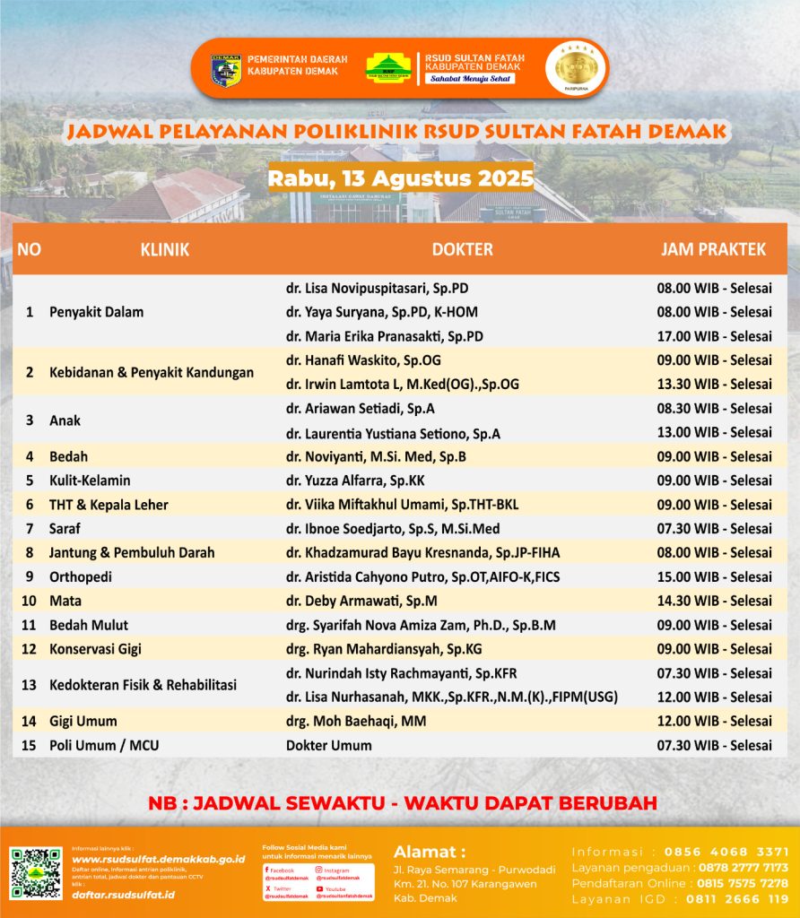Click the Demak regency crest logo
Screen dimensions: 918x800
tap(226, 70)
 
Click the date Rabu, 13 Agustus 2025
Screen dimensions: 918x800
tap(400, 177)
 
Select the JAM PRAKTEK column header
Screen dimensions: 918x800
tap(713, 249)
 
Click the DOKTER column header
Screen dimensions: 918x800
tap(462, 249)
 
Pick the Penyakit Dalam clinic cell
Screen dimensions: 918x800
tap(96, 312)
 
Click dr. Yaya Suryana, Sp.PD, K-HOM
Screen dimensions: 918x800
tap(381, 312)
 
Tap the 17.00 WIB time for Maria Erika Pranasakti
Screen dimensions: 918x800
tap(714, 336)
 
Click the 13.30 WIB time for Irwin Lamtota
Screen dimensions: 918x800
tap(714, 384)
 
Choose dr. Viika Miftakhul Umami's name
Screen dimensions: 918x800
tap(402, 505)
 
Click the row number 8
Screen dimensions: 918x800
tap(30, 553)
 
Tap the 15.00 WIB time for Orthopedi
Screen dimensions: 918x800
tap(714, 576)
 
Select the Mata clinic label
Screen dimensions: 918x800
tap(65, 601)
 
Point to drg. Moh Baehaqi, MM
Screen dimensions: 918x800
tap(356, 721)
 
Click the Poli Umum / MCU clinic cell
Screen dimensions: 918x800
tap(104, 745)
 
